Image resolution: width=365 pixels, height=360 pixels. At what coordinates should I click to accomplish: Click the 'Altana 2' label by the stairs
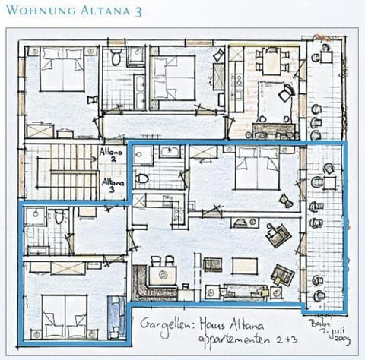tap(110, 155)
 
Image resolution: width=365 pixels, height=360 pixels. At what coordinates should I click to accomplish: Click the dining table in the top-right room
tap(271, 60)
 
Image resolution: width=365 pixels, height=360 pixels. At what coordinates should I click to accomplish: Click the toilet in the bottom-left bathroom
tap(59, 218)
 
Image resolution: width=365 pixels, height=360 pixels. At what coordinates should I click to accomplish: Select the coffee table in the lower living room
tap(244, 265)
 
